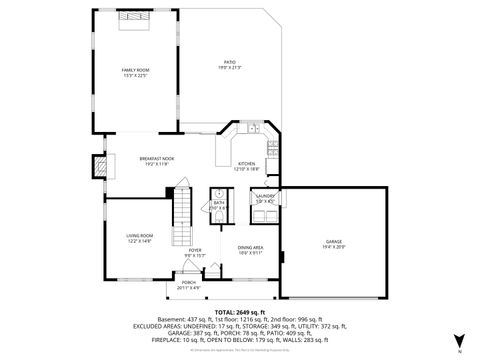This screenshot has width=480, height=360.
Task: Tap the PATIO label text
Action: click(x=229, y=64)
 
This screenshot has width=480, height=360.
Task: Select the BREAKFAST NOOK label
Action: click(x=157, y=159)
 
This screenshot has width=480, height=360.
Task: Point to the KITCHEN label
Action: click(x=246, y=165)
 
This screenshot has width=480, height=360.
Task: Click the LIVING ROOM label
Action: click(x=138, y=236)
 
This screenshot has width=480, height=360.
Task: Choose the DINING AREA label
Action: click(x=250, y=247)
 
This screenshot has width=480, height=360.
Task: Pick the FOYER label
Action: click(x=195, y=250)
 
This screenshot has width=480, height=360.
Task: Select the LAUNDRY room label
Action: click(x=264, y=196)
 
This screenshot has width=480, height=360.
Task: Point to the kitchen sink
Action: click(x=254, y=128)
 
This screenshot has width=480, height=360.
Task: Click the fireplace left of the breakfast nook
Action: click(x=98, y=165)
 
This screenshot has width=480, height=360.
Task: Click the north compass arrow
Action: click(x=458, y=343)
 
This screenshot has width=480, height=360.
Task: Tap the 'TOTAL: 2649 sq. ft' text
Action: click(x=238, y=312)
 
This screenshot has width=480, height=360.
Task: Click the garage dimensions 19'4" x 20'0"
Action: click(x=333, y=247)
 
